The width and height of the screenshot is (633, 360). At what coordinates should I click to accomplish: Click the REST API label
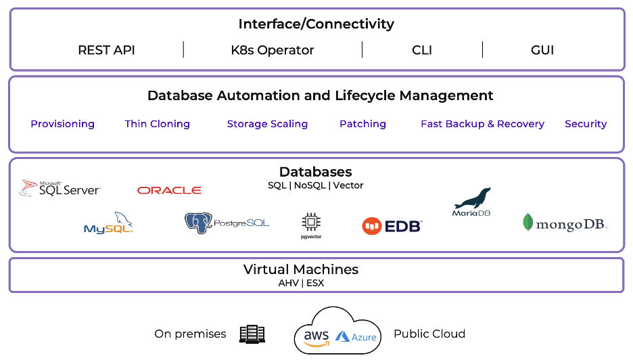click(106, 50)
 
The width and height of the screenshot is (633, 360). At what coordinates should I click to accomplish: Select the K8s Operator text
click(272, 50)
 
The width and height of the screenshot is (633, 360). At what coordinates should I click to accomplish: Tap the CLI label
click(421, 50)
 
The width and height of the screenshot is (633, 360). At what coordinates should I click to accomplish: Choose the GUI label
click(542, 50)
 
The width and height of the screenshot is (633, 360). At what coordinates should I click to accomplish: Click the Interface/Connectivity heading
click(316, 24)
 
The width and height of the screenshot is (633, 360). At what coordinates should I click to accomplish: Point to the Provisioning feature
click(62, 124)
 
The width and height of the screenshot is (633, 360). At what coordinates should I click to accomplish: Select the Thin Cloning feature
click(157, 124)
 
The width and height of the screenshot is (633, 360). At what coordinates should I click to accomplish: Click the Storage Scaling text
click(267, 124)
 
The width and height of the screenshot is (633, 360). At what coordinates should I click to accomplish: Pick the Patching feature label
click(362, 124)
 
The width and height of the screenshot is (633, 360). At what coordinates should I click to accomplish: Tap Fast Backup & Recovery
click(482, 124)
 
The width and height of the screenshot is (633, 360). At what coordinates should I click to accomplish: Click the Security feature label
click(586, 124)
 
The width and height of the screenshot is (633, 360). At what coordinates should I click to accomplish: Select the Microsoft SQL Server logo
click(60, 188)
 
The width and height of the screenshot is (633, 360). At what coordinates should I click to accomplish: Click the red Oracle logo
click(169, 191)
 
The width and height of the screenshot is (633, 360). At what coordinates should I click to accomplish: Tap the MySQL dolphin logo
click(109, 223)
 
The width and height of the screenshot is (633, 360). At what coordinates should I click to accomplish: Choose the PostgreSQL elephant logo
click(227, 223)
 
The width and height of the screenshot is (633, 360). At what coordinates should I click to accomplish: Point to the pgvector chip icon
click(311, 223)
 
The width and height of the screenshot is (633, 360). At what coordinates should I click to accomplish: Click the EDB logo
click(392, 226)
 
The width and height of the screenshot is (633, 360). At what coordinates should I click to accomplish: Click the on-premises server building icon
click(252, 334)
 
